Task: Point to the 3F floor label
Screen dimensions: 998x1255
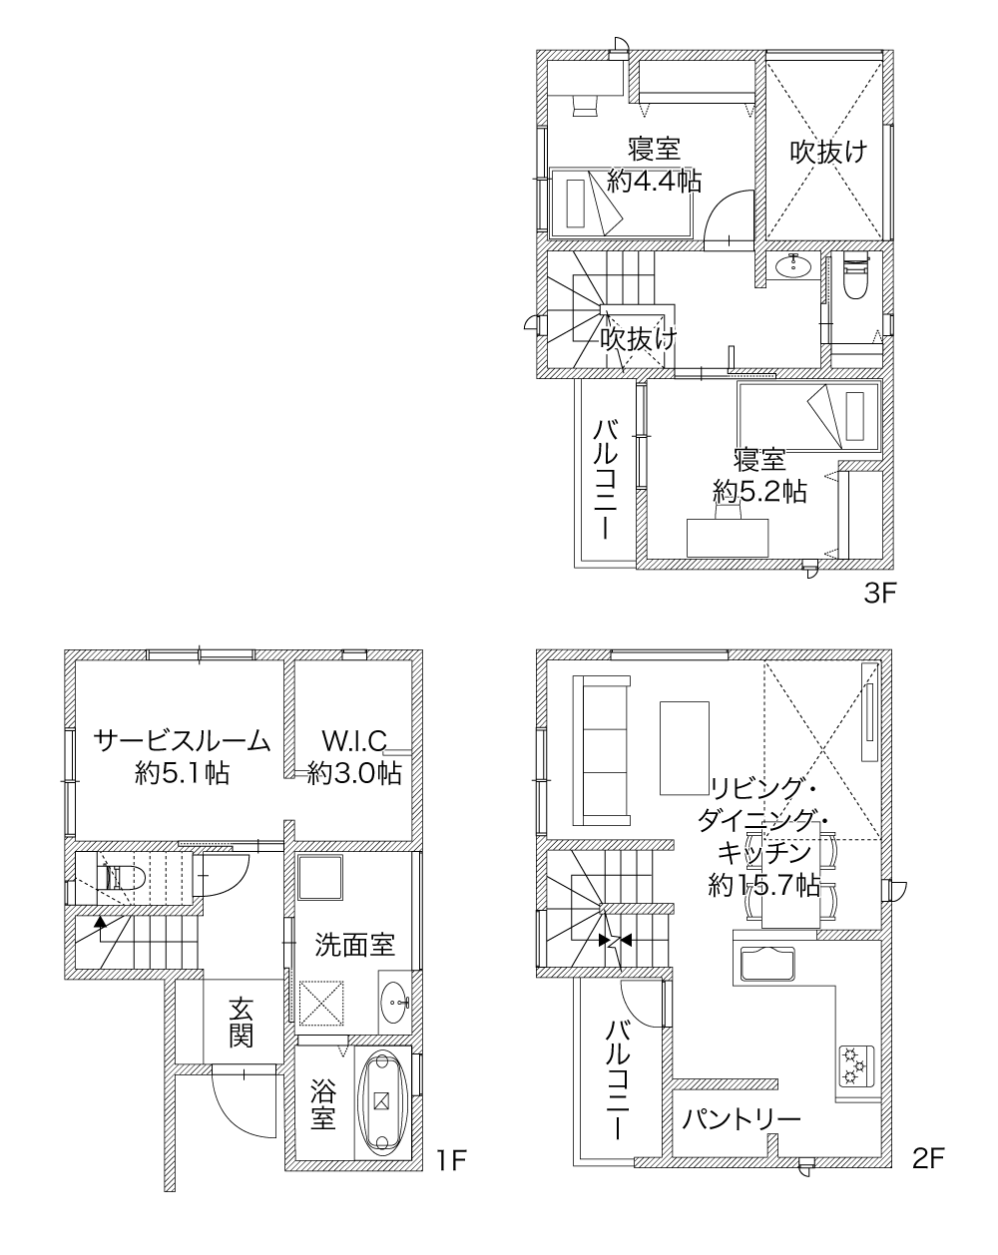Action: (x=879, y=594)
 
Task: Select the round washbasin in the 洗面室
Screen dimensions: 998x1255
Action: (x=395, y=1003)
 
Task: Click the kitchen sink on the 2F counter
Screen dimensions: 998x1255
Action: (x=766, y=964)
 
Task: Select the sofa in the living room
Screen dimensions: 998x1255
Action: (x=602, y=750)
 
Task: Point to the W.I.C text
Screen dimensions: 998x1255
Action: (x=355, y=741)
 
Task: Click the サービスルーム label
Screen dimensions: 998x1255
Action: (x=182, y=741)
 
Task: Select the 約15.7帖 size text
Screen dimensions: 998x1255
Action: (x=763, y=886)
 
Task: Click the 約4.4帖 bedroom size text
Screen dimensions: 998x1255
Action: (x=655, y=182)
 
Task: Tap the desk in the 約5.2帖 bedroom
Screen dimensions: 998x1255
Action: (x=728, y=538)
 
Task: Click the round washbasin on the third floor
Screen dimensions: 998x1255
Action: (x=793, y=267)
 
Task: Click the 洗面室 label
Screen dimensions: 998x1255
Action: (x=355, y=944)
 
